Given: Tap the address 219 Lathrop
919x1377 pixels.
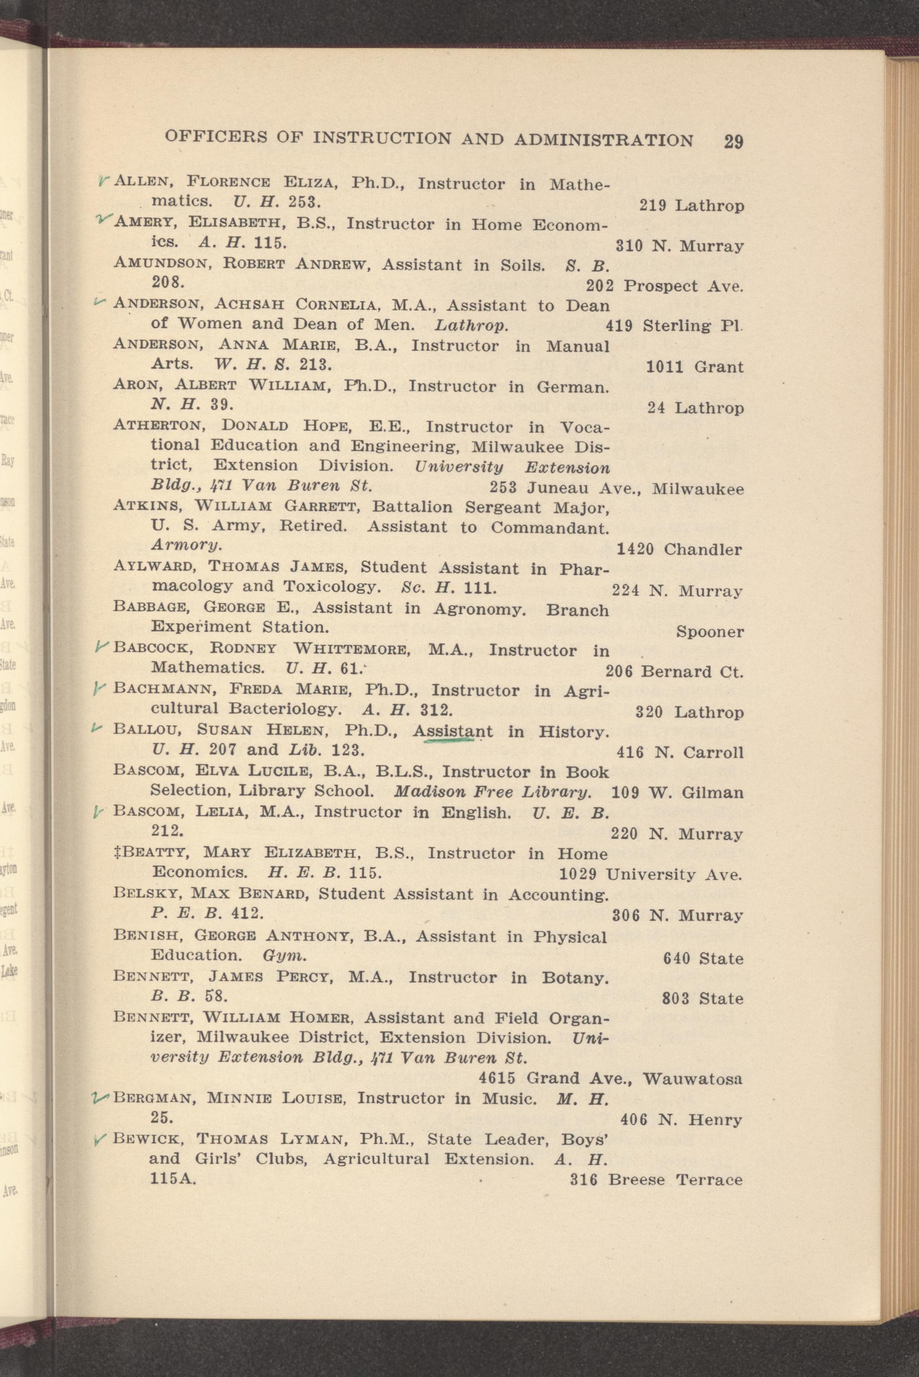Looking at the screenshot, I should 692,206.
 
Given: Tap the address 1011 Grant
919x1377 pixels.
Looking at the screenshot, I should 695,367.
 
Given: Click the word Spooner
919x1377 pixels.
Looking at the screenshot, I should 710,632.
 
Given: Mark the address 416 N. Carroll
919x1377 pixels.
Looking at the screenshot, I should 680,752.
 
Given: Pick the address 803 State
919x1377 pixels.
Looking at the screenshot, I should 702,999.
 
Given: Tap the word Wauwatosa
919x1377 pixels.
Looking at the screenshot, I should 692,1078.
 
